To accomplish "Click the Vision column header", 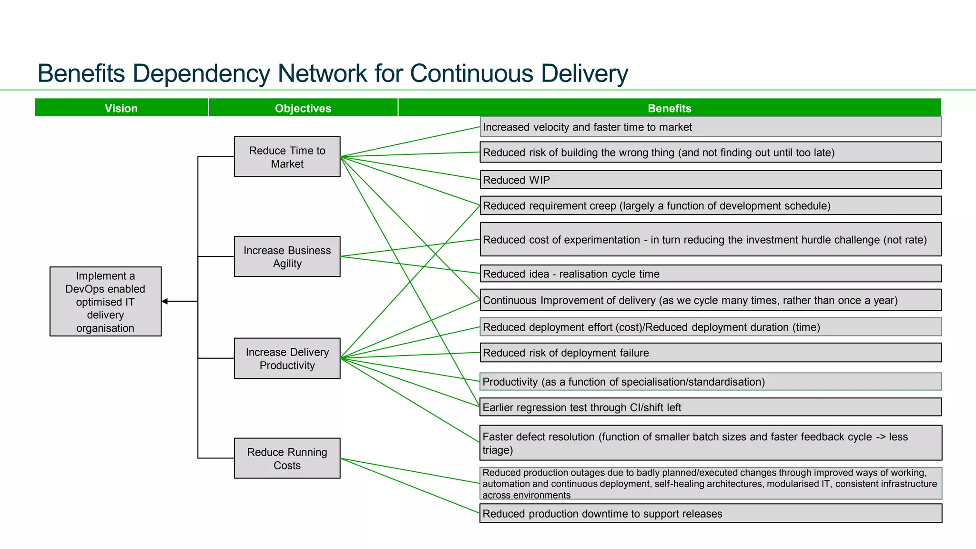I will click(121, 108).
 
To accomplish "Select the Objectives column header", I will click(303, 108).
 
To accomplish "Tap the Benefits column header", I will click(669, 108).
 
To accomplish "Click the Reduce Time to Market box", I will click(287, 157).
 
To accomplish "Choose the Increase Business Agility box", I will click(287, 256).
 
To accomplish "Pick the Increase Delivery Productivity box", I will click(287, 358).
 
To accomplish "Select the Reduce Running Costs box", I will click(287, 458).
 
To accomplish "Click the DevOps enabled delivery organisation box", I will click(105, 301).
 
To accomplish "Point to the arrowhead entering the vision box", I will click(165, 301).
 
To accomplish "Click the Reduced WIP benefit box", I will click(710, 180).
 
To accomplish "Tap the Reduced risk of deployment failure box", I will click(710, 353).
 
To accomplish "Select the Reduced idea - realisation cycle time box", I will click(710, 274).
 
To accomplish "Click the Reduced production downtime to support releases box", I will click(710, 513).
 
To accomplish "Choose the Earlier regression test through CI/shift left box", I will click(710, 407).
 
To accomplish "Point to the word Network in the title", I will click(322, 74).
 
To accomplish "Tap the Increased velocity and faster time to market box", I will click(710, 127).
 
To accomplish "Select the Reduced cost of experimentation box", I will click(710, 239).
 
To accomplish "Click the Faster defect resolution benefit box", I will click(710, 443).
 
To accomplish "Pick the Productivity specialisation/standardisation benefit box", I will click(710, 381).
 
